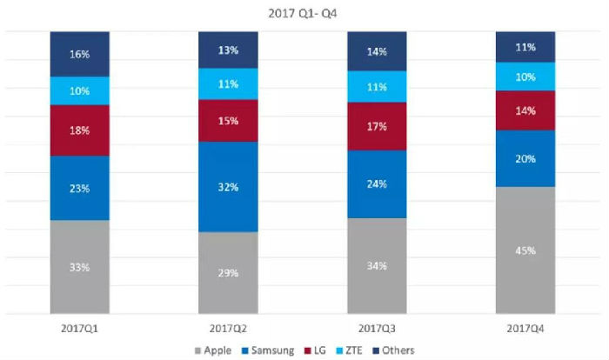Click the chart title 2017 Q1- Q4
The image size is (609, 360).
coord(304,13)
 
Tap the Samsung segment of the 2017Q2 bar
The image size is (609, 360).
coord(228,186)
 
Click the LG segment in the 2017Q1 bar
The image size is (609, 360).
coord(80,130)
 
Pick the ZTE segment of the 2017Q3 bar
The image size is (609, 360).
coord(376,87)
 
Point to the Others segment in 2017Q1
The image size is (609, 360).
coord(80,54)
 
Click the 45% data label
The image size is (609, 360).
coord(525,250)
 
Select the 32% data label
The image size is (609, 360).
coord(228,186)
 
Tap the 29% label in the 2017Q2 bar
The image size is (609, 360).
coord(228,272)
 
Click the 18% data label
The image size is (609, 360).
coord(80,130)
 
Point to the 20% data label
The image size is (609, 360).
coord(525,159)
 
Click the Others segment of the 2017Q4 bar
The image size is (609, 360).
coord(525,47)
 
